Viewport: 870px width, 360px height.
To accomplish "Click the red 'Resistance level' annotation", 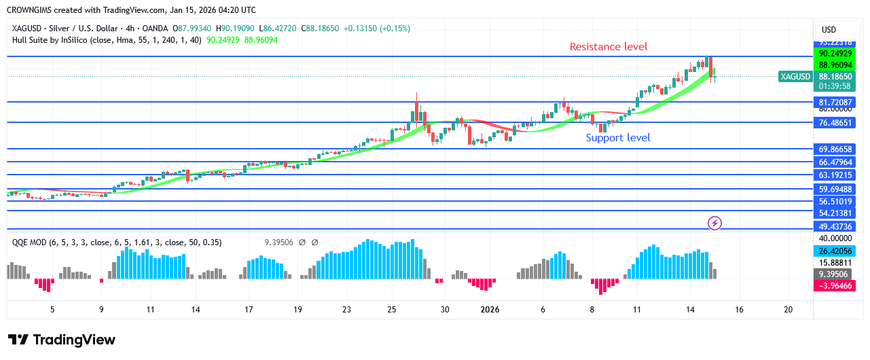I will point(608,47).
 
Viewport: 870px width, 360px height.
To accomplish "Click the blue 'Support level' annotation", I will point(618,138).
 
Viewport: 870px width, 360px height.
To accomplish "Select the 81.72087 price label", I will point(835,102).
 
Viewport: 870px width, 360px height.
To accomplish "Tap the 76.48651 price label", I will point(835,122).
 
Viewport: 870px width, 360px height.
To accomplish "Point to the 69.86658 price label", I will point(835,149).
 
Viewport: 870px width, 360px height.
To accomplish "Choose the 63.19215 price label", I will point(835,175).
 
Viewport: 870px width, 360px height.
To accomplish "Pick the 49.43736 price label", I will point(835,226).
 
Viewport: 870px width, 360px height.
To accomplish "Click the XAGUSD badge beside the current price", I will point(795,77).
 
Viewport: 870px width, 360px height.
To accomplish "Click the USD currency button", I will point(829,30).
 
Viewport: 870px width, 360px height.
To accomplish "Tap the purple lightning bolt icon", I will point(714,222).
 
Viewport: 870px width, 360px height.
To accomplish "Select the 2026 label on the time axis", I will point(490,310).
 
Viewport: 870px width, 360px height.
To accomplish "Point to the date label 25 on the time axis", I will point(392,310).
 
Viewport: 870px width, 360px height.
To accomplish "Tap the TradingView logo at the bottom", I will point(62,340).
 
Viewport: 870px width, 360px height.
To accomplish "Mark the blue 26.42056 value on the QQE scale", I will point(835,251).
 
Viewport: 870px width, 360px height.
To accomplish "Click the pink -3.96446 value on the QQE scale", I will point(835,286).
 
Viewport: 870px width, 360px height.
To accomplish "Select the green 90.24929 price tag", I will point(835,54).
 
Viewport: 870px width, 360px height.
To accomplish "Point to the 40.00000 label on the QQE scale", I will point(835,238).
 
